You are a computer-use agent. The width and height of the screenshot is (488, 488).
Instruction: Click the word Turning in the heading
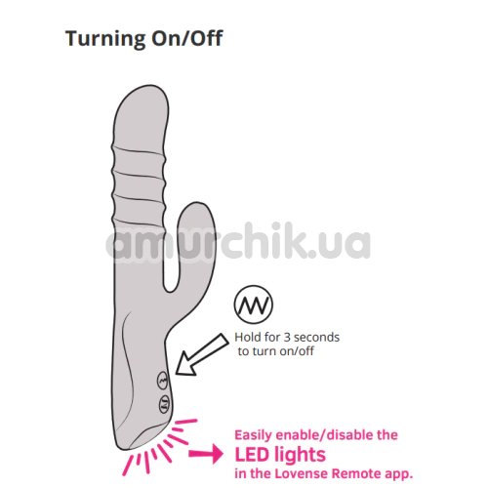point(105,39)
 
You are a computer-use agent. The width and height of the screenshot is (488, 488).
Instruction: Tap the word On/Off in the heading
point(187,38)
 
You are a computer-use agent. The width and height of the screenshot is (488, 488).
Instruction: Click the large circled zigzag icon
point(254,305)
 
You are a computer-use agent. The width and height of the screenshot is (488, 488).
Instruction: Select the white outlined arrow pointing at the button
point(202,354)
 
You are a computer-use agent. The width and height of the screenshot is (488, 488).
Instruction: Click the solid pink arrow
point(206,453)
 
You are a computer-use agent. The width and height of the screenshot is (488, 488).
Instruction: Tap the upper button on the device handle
point(163,380)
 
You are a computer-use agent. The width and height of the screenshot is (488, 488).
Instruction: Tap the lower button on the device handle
point(164,404)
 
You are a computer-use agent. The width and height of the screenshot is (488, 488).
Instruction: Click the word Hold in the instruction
point(244,337)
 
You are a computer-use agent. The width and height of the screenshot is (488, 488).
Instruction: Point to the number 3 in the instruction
point(287,338)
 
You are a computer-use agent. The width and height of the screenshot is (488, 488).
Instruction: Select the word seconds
point(316,338)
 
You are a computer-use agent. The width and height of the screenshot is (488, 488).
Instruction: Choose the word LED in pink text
point(250,455)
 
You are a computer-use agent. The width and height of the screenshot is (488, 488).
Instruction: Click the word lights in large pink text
point(297,455)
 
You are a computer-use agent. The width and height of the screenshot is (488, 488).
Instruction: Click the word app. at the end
point(398,474)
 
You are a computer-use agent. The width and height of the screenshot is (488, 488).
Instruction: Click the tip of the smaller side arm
point(197,203)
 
